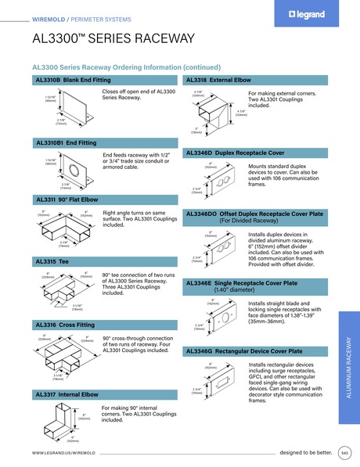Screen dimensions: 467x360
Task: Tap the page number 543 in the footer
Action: (345, 452)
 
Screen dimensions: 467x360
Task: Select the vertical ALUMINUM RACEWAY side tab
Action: (347, 360)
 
